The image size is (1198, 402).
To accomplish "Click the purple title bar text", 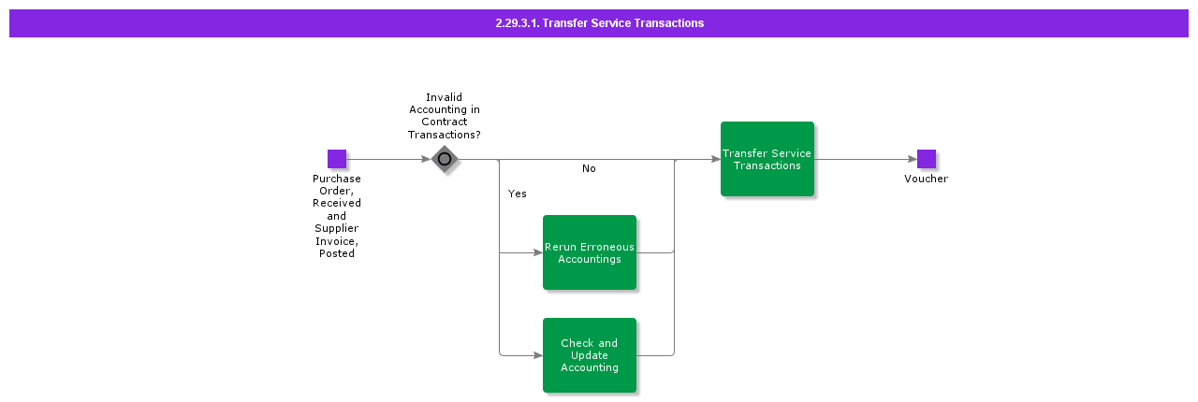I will (x=600, y=23).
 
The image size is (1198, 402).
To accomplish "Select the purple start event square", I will (x=337, y=159).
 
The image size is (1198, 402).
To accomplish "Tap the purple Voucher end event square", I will (x=927, y=159).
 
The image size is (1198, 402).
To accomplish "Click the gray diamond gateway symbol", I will (x=445, y=159).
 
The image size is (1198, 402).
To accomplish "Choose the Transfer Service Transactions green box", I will (x=767, y=159).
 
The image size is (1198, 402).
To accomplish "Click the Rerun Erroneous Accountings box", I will (x=590, y=252).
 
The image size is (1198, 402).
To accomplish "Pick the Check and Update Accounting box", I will (x=590, y=355).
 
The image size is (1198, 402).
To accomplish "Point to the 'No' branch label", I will (x=589, y=169).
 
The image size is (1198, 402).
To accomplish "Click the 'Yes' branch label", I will (x=518, y=194).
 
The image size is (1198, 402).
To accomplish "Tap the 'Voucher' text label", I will (x=927, y=179).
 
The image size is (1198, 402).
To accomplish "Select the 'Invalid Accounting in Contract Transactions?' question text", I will (x=445, y=116).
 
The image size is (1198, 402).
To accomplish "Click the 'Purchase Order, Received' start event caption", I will (x=337, y=191).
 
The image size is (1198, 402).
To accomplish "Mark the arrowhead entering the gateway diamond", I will (x=427, y=159).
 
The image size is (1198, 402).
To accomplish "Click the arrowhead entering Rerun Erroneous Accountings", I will (x=538, y=252).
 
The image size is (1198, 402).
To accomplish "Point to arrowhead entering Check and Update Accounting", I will (x=538, y=355).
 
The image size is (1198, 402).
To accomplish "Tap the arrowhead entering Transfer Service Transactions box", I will (x=716, y=159).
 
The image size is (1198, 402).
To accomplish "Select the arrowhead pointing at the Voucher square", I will (x=913, y=159).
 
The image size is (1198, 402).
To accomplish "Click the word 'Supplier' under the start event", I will (x=337, y=228).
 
